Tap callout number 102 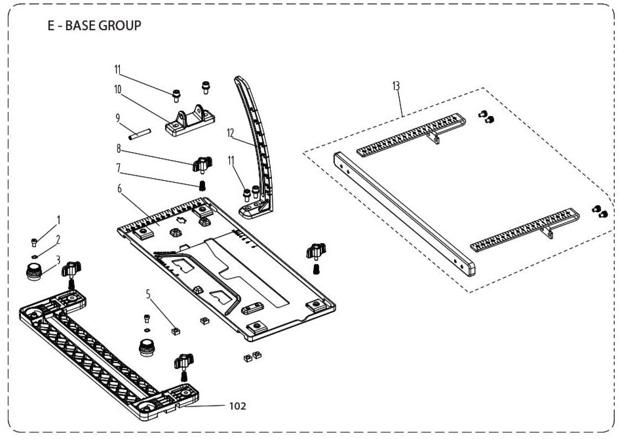237,406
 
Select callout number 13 396,86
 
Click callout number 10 118,88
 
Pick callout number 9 117,118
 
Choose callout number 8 119,148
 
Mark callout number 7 119,167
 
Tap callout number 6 119,188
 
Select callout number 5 149,294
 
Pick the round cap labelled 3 33,270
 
